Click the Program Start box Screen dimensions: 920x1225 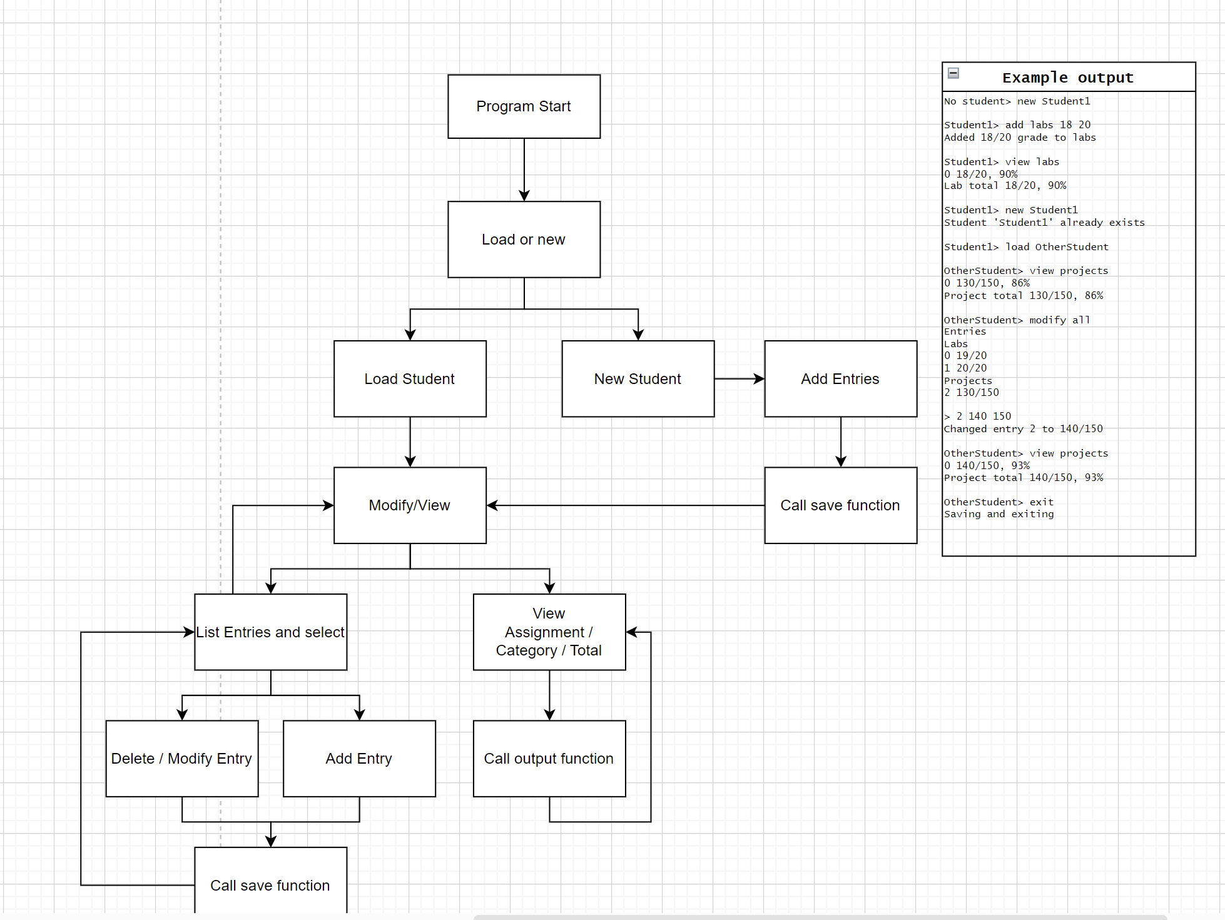[x=524, y=106]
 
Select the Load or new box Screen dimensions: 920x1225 [x=524, y=240]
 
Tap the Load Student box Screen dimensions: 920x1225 [x=410, y=379]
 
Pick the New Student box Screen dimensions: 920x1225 [x=638, y=379]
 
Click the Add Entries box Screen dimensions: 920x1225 [x=840, y=379]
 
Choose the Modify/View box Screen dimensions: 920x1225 [x=410, y=505]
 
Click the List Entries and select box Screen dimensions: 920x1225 [x=270, y=632]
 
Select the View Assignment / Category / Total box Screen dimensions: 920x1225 [x=549, y=632]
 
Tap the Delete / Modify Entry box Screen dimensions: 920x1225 [x=181, y=759]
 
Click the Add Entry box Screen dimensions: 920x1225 [x=359, y=759]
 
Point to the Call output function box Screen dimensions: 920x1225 [x=549, y=759]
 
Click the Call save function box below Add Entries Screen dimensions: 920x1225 [x=840, y=505]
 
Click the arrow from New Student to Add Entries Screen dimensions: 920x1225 [x=738, y=379]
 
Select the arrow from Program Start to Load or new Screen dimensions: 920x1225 [x=524, y=169]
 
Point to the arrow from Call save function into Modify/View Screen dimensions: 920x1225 [x=626, y=505]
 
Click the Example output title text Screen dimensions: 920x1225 [x=1067, y=78]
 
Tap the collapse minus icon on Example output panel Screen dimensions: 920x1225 [x=953, y=73]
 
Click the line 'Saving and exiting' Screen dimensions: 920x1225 [x=999, y=514]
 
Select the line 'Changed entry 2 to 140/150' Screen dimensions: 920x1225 [x=1023, y=429]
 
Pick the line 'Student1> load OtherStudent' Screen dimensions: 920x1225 [x=1026, y=247]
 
